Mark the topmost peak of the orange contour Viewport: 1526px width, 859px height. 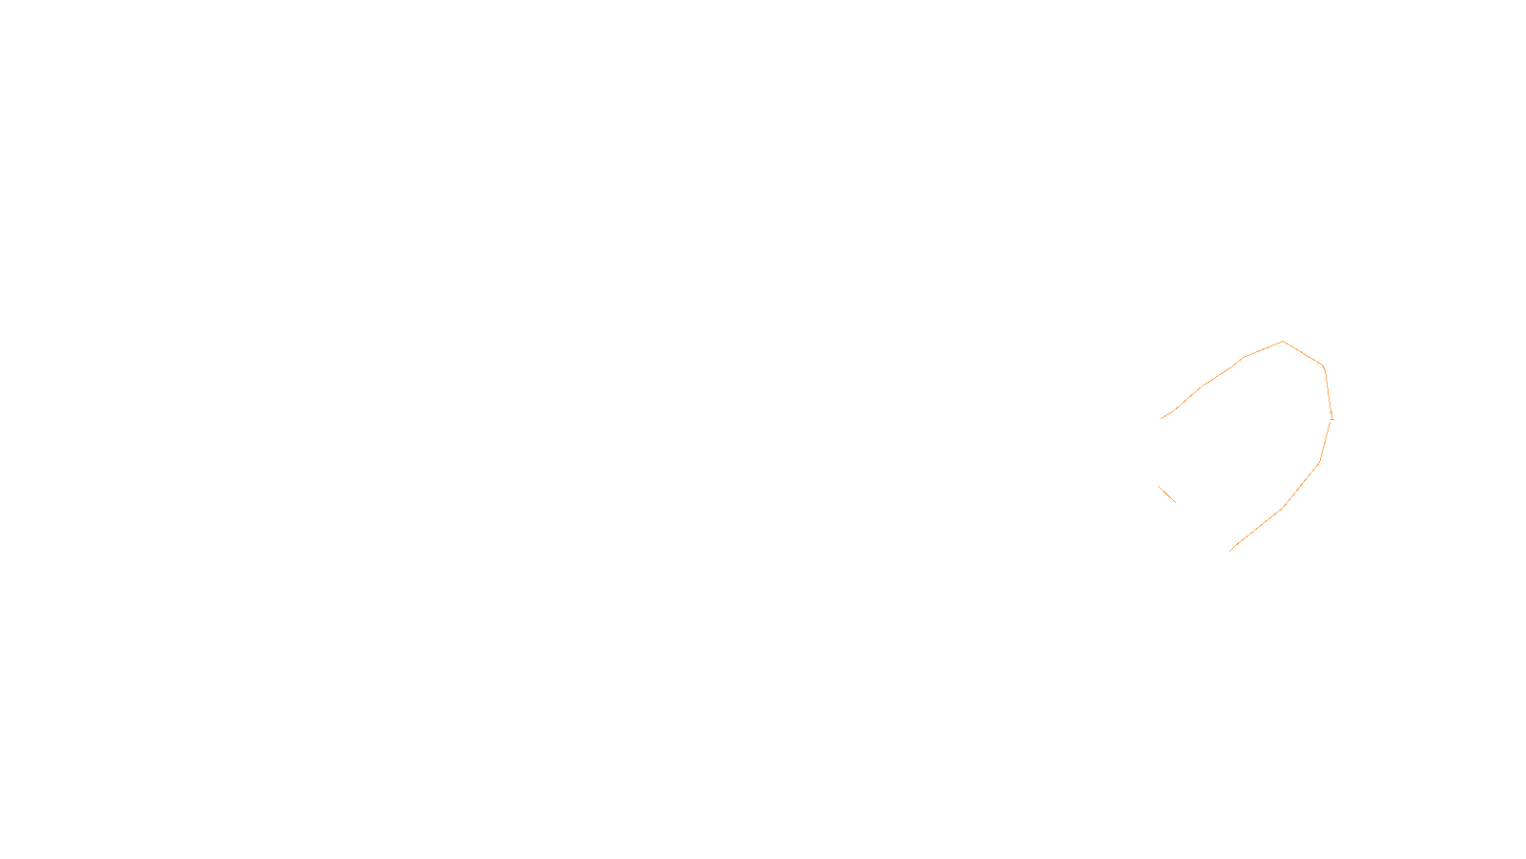click(1283, 341)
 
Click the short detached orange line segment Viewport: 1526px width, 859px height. click(1166, 493)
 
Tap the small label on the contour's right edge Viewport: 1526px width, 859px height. click(1331, 416)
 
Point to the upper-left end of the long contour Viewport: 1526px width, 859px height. click(1161, 419)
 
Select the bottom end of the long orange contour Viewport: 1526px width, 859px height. click(1230, 551)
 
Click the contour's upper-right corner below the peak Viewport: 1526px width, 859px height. click(1324, 367)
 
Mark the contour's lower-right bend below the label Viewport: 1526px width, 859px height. click(1320, 463)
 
